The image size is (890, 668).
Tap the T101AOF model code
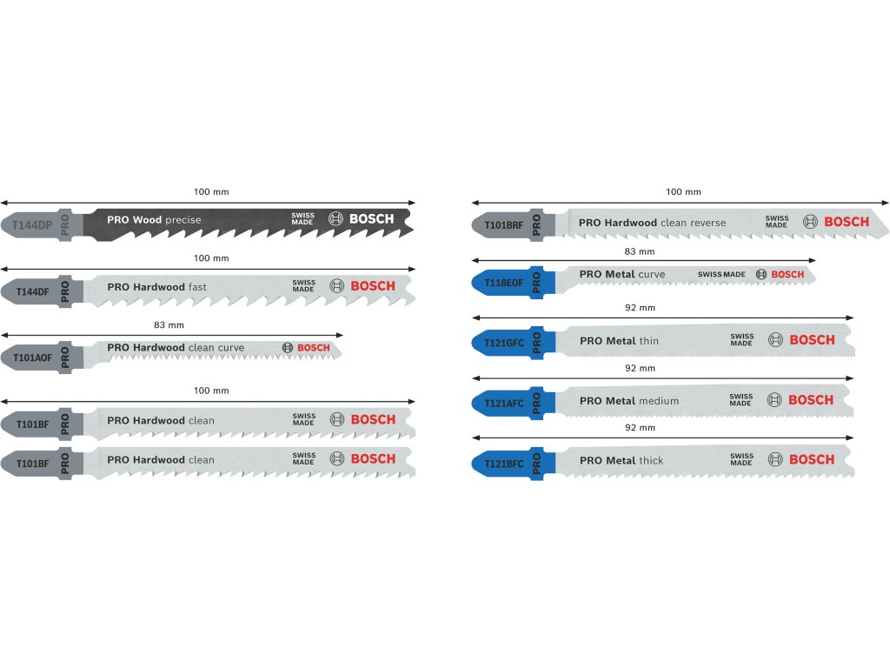pyautogui.click(x=33, y=357)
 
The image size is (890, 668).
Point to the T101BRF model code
pyautogui.click(x=504, y=225)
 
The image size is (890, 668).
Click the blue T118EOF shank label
pyautogui.click(x=504, y=281)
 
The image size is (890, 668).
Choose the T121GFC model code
pyautogui.click(x=504, y=342)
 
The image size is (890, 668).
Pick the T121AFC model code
pyautogui.click(x=504, y=402)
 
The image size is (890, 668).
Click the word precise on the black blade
pyautogui.click(x=183, y=220)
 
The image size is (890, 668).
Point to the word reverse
pyautogui.click(x=707, y=223)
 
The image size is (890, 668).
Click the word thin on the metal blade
pyautogui.click(x=648, y=341)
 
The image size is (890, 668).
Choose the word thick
pyautogui.click(x=651, y=460)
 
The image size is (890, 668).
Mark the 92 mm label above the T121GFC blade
pyautogui.click(x=641, y=308)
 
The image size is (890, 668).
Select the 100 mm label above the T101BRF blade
pyautogui.click(x=683, y=192)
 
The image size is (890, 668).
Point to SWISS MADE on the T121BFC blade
pyautogui.click(x=741, y=459)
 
